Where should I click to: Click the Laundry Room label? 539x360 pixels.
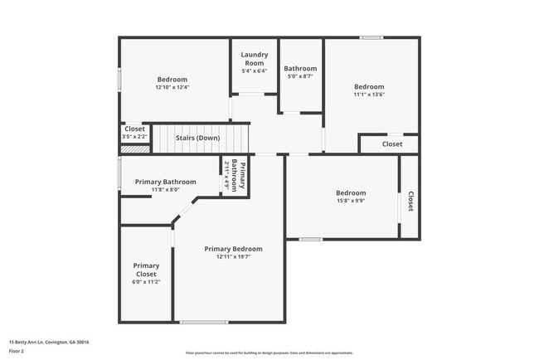(254, 59)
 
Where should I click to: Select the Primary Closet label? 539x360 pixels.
(146, 270)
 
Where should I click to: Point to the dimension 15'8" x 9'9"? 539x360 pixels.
(350, 200)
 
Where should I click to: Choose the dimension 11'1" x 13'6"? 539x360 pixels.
(369, 95)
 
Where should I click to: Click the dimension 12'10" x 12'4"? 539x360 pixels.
(172, 87)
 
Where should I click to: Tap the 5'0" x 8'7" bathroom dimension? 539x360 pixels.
(300, 76)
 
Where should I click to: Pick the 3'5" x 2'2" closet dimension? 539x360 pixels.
(134, 136)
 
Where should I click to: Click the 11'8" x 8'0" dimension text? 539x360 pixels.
(166, 190)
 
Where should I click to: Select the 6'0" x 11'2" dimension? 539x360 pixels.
(146, 282)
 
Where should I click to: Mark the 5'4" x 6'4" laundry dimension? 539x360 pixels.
(254, 71)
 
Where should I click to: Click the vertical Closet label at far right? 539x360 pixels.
(410, 202)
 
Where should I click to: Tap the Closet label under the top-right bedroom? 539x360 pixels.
(392, 144)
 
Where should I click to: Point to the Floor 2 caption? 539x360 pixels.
(17, 351)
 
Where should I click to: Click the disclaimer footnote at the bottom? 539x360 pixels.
(269, 352)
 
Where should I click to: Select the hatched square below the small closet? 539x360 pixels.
(134, 149)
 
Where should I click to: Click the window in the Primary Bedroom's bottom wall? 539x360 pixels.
(204, 322)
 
